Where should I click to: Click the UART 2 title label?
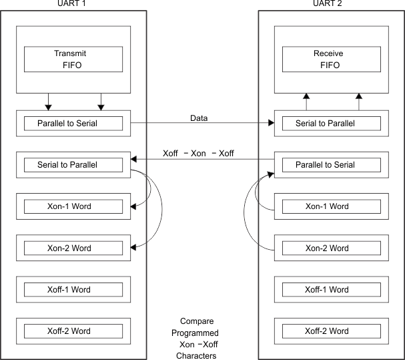(330, 5)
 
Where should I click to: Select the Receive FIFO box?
(326, 59)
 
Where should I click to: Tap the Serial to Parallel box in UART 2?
(326, 123)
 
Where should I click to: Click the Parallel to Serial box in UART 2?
(326, 164)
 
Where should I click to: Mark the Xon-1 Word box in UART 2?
(326, 206)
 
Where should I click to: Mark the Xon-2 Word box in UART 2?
(326, 248)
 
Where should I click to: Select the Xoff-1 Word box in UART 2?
(326, 290)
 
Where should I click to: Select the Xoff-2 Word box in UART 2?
(326, 331)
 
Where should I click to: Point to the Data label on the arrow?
(199, 118)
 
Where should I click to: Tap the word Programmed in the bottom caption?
(199, 332)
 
